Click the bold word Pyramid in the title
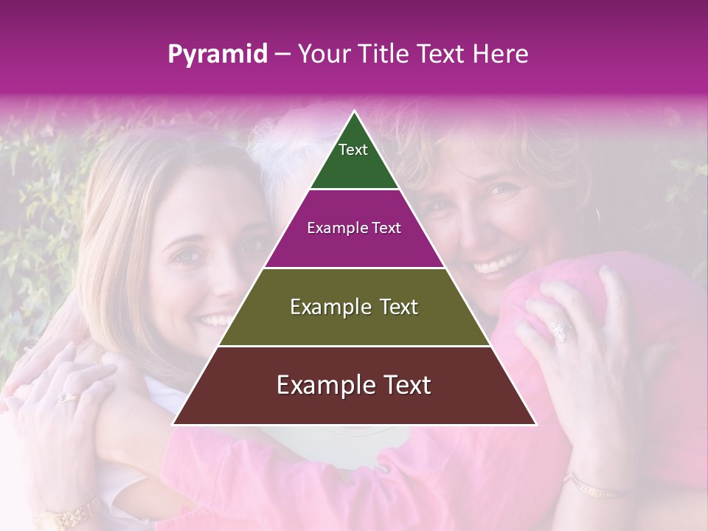point(218,55)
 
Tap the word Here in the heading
point(501,55)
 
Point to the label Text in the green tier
point(353,150)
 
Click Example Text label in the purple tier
point(354,228)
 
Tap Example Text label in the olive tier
point(354,307)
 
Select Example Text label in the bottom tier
point(354,385)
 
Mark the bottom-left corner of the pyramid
point(174,424)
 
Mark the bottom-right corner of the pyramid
point(535,424)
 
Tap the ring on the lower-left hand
point(67,397)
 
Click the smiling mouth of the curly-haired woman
point(501,262)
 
